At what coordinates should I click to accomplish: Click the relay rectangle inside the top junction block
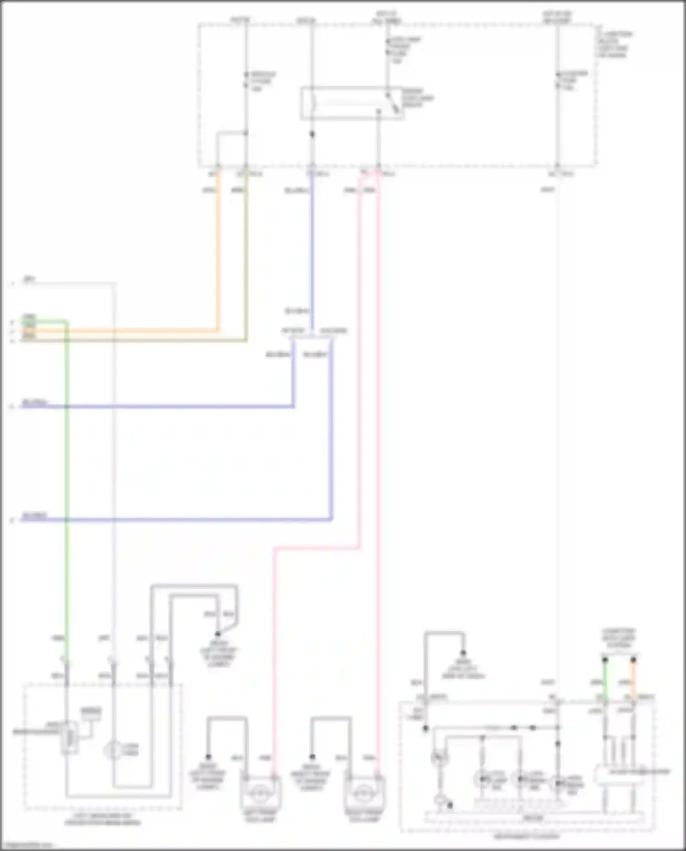[351, 103]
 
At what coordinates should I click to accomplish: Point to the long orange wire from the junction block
[218, 252]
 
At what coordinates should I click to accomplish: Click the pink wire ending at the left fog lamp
[274, 640]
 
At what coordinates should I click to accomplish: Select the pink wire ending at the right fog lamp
[379, 457]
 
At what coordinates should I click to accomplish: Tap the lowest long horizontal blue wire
[183, 519]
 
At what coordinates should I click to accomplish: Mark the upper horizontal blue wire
[160, 406]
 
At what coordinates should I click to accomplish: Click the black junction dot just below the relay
[312, 134]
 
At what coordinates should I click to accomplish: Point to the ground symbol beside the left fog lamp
[208, 757]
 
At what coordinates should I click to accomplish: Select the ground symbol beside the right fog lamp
[312, 757]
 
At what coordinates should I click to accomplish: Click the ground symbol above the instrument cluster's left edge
[463, 653]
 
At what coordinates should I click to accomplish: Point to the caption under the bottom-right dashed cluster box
[526, 836]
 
